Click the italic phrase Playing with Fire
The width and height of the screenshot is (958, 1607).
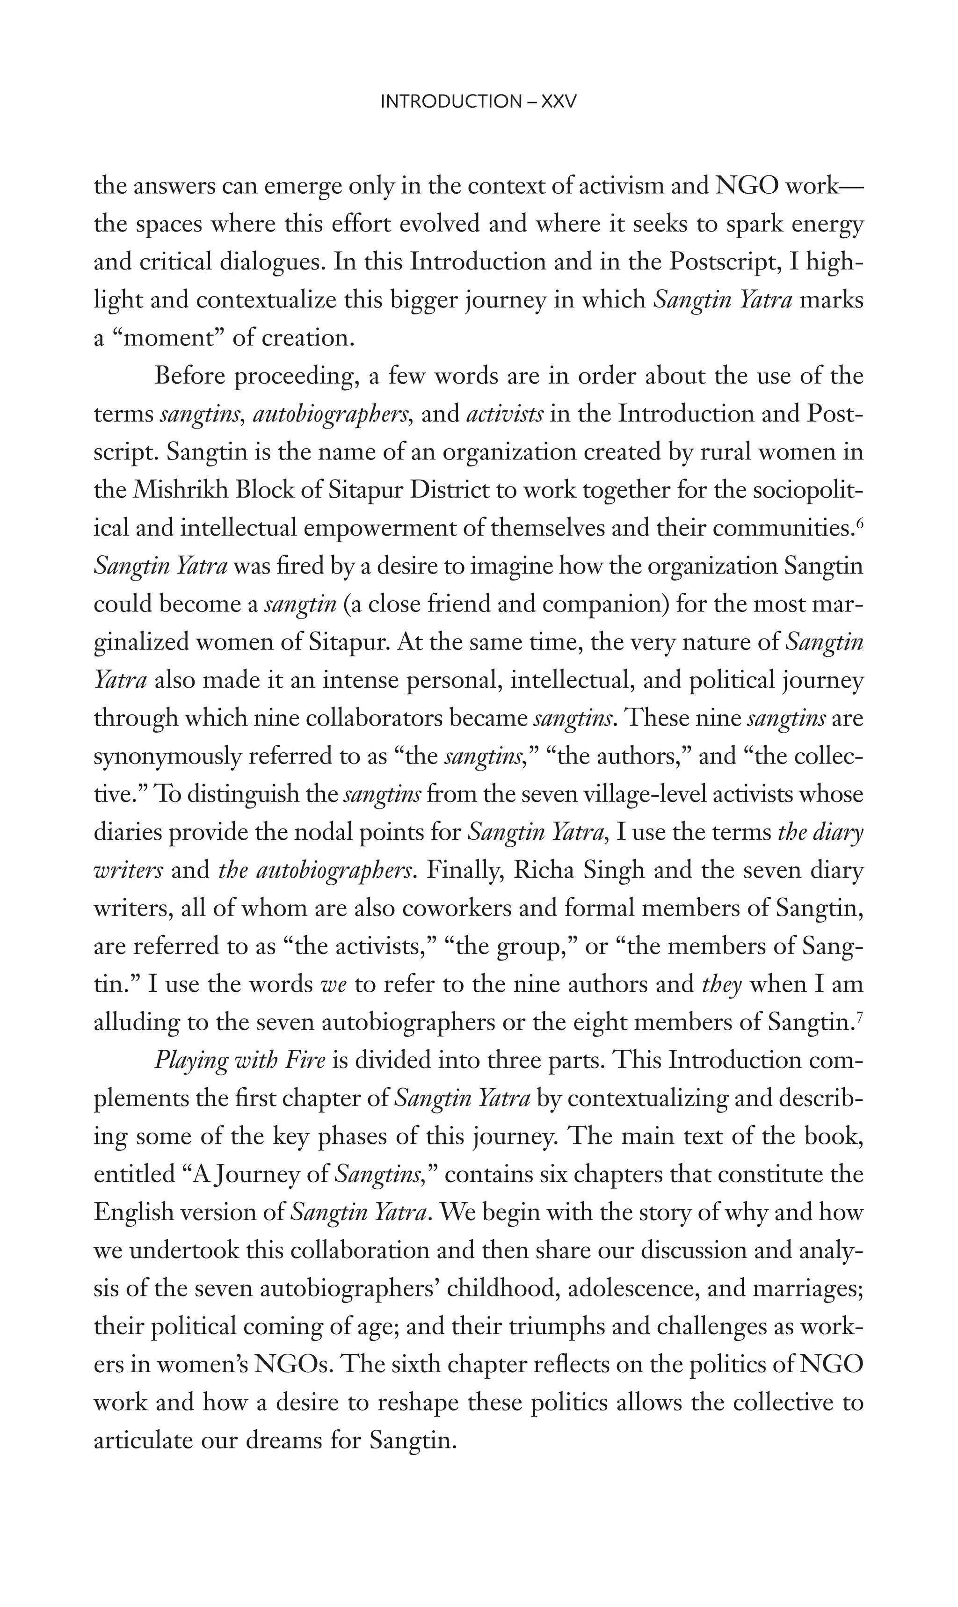click(x=239, y=1061)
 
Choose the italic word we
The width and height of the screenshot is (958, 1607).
click(x=334, y=985)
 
